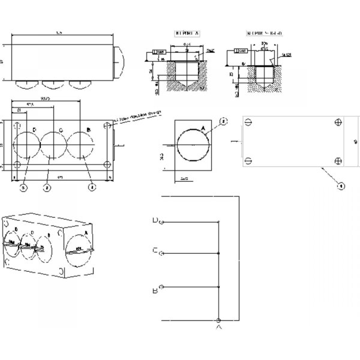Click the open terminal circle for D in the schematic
pos(161,222)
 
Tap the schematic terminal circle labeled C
pos(161,254)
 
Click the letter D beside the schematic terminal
pos(155,221)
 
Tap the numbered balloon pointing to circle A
pos(223,121)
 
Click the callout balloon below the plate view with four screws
pos(340,187)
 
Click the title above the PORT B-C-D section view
pos(259,34)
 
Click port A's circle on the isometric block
pos(80,250)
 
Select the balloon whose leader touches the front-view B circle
pos(90,187)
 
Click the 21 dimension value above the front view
pos(19,110)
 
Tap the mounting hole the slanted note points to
pos(107,126)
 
